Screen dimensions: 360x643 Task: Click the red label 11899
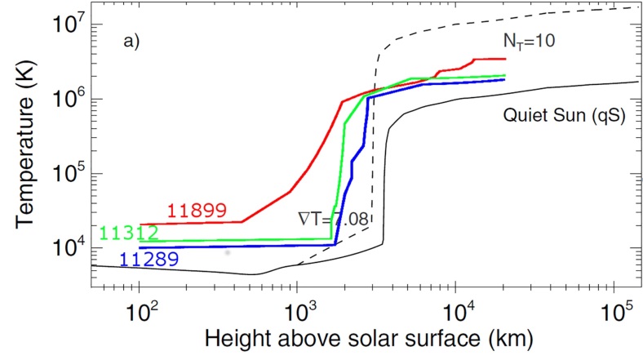click(x=196, y=211)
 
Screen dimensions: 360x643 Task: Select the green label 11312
click(x=128, y=233)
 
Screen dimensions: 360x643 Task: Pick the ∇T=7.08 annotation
click(x=332, y=218)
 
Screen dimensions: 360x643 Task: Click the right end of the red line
click(x=506, y=59)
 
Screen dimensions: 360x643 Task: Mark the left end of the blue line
click(x=140, y=247)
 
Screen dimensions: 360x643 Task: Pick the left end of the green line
click(x=140, y=241)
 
